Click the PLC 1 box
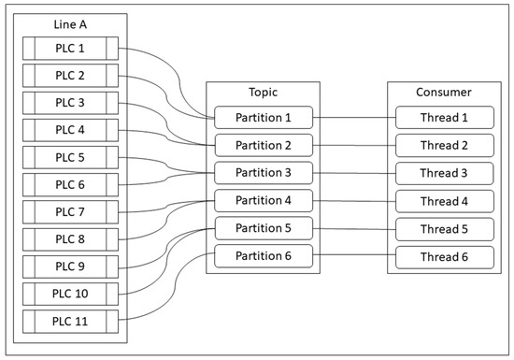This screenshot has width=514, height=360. (70, 49)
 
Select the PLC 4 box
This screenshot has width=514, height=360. (70, 130)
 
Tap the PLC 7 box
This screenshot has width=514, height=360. (70, 211)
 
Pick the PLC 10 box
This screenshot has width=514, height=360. (70, 294)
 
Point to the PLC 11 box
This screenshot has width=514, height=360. (70, 321)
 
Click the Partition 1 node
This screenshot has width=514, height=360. (263, 118)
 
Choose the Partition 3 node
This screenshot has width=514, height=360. (263, 173)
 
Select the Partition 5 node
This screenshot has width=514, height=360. (263, 228)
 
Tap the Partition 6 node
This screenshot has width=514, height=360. (263, 255)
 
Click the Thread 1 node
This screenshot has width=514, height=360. (442, 118)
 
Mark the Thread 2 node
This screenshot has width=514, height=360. (442, 146)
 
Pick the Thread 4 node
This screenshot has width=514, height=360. (442, 201)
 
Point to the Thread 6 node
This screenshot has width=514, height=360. (442, 255)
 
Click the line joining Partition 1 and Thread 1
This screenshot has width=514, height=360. (353, 118)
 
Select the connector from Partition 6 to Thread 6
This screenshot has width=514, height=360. (353, 255)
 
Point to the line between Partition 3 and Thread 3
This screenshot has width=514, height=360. (353, 173)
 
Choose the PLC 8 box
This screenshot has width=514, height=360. (70, 238)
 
